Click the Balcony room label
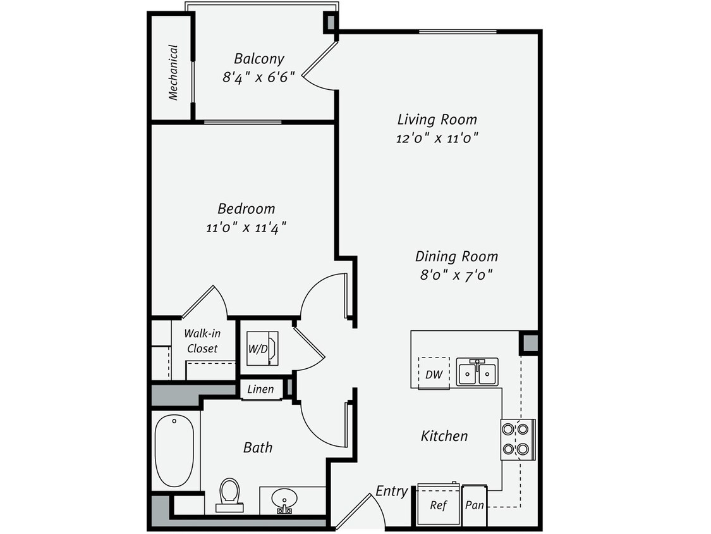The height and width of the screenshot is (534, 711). tap(258, 59)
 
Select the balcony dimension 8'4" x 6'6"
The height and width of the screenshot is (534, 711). tap(258, 78)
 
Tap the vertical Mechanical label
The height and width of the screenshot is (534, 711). tap(173, 72)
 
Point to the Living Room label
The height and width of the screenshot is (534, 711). tap(437, 119)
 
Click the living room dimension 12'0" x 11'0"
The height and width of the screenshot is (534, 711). tap(437, 138)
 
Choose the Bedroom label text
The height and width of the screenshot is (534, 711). tap(246, 208)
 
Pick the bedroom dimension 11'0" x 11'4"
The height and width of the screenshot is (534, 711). tap(246, 227)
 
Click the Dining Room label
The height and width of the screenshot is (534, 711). tap(456, 256)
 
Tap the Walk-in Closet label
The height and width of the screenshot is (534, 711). tap(202, 341)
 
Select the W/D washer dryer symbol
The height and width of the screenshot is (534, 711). tap(261, 349)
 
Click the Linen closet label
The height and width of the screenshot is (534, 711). tap(260, 389)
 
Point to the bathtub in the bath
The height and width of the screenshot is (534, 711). tap(174, 450)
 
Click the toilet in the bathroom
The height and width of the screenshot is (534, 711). tap(229, 494)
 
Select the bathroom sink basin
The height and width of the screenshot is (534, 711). tap(285, 500)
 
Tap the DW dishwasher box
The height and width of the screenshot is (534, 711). tap(434, 374)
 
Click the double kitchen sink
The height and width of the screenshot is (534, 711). tap(477, 372)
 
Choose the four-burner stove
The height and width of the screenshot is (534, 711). tap(518, 440)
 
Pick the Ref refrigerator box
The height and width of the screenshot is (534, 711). tap(438, 505)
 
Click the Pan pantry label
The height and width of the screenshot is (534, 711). tap(474, 506)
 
